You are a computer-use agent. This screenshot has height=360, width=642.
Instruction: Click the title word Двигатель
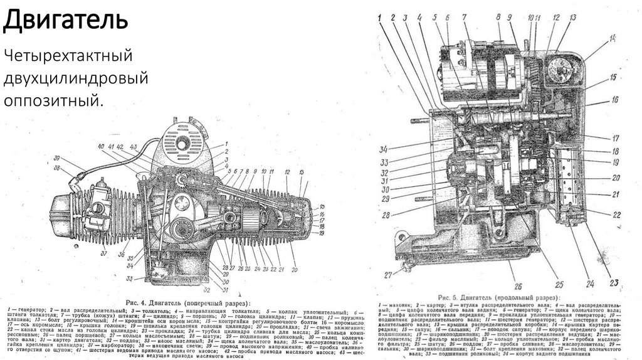tap(65, 20)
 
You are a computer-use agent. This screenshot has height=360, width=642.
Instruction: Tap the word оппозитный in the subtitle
tap(53, 99)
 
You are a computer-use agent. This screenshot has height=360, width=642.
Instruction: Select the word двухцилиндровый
tap(76, 78)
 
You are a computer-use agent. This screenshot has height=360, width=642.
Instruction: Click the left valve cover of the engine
tap(61, 207)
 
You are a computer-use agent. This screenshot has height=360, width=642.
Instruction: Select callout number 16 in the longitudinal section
tap(616, 99)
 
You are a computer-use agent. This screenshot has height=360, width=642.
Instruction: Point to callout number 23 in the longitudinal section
tap(613, 280)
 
